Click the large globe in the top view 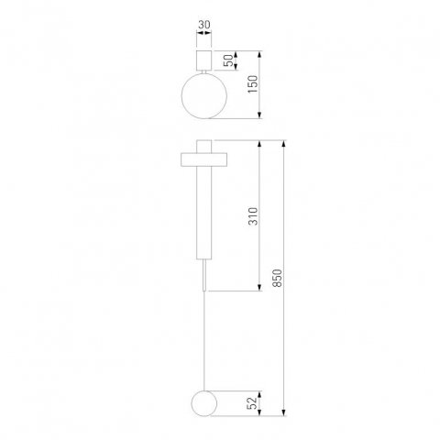(202, 94)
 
